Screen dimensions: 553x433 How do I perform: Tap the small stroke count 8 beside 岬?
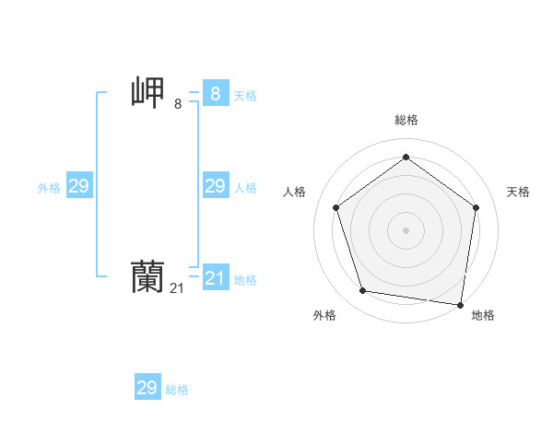tap(178, 104)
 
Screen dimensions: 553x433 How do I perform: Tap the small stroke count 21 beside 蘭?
tap(178, 288)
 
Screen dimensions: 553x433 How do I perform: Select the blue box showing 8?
tap(215, 94)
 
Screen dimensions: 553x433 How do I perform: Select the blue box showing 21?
tap(215, 277)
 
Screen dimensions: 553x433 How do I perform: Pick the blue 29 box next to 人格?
tap(215, 186)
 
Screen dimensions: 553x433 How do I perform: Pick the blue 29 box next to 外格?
tap(78, 186)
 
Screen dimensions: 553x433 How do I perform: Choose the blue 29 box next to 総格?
tap(147, 388)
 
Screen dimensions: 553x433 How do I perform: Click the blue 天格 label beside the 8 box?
tap(245, 96)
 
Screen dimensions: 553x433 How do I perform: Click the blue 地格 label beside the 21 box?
tap(245, 280)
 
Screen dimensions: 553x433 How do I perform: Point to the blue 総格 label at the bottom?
tap(177, 390)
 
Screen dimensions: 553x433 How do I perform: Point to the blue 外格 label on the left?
tap(49, 188)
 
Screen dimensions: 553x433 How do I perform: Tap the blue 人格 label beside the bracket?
tap(245, 188)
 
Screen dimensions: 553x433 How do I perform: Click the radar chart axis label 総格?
tap(406, 120)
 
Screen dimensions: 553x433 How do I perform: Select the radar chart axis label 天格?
tap(518, 192)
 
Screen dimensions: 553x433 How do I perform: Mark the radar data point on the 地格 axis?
tap(461, 304)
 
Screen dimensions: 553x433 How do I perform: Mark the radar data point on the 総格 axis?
tap(406, 158)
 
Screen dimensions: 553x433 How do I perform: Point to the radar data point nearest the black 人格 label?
tap(335, 207)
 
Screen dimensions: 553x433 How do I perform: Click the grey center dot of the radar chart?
tap(406, 229)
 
